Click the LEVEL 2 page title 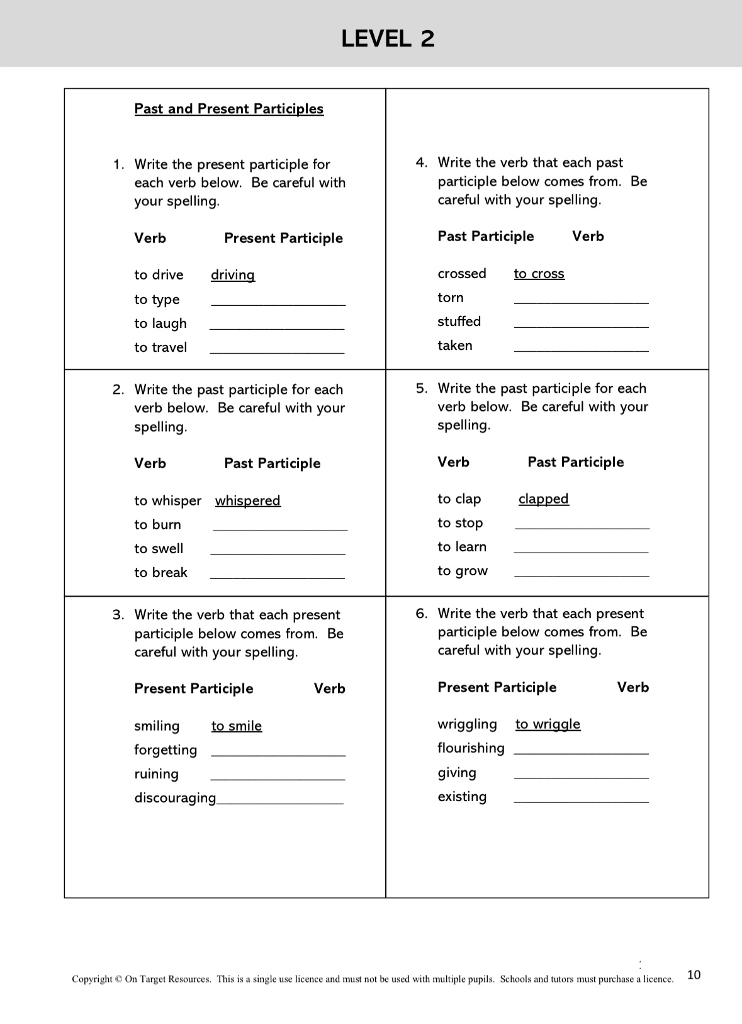coord(388,39)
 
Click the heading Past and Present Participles coord(228,109)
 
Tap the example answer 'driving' coord(233,275)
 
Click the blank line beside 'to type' coord(278,303)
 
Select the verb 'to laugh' coord(160,324)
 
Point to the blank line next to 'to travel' coord(277,351)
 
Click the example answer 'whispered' coord(248,501)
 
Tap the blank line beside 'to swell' coord(278,553)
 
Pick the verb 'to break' coord(160,573)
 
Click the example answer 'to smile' coord(237,726)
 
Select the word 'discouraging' coord(175,798)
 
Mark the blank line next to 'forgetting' coord(278,754)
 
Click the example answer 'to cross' coord(539,274)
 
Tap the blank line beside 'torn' coord(581,302)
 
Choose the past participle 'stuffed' coord(459,322)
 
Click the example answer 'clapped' coord(544,499)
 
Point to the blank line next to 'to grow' coord(582,575)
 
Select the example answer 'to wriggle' coord(548,724)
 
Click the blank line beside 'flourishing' coord(581,752)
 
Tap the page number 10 coord(694,975)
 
